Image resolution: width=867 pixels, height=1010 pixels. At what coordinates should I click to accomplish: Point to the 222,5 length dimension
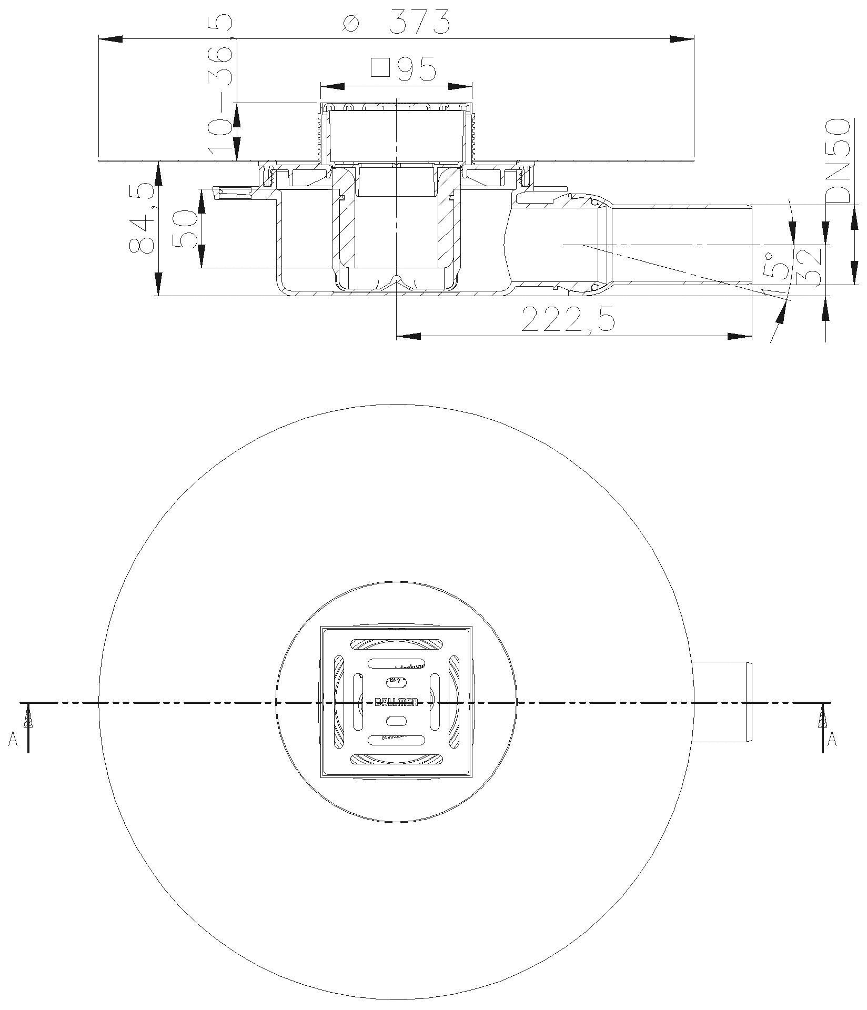pos(568,320)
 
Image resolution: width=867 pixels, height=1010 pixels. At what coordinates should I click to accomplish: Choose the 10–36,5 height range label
pos(219,84)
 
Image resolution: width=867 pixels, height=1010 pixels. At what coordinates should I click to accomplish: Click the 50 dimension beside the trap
pos(185,230)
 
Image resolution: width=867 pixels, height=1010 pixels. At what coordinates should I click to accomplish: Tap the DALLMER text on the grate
pos(396,702)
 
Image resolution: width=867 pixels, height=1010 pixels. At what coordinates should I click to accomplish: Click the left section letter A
pos(13,740)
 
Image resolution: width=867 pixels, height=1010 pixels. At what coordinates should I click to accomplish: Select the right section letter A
pos(832,740)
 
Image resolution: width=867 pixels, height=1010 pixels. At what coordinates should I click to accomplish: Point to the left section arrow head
pos(28,717)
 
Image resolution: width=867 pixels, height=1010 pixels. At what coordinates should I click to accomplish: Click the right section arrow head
pos(823,717)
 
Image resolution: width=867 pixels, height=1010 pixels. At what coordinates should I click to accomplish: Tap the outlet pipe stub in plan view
pos(723,702)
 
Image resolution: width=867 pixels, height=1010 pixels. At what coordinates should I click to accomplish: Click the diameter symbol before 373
pos(350,23)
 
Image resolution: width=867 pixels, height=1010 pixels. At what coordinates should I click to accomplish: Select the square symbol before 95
pos(379,68)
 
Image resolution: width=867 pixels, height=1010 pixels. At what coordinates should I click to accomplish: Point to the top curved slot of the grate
pos(397,644)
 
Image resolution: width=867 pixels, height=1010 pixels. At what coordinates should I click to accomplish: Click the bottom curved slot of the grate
pos(397,759)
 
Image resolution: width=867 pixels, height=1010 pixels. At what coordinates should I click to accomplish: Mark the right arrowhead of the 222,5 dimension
pos(740,336)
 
